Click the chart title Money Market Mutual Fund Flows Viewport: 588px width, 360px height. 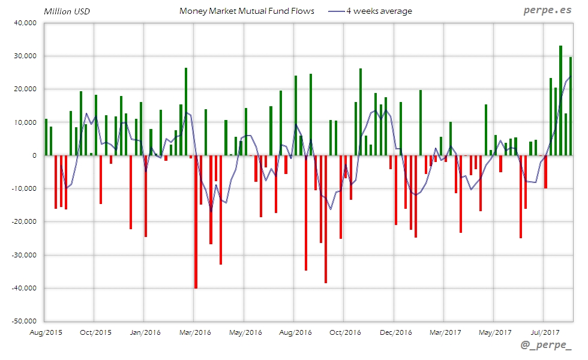tap(247, 11)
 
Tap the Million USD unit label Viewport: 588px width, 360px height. tap(67, 11)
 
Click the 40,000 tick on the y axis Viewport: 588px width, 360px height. tap(25, 23)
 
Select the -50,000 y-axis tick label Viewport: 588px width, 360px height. tap(23, 321)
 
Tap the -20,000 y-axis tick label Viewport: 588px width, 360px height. tap(23, 221)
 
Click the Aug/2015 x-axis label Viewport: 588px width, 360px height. tap(46, 332)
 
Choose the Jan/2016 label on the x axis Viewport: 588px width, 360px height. tap(145, 332)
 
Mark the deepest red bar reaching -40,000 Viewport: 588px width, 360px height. tap(196, 221)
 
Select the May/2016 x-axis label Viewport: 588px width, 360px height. tap(245, 332)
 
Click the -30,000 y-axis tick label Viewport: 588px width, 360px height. tap(23, 255)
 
